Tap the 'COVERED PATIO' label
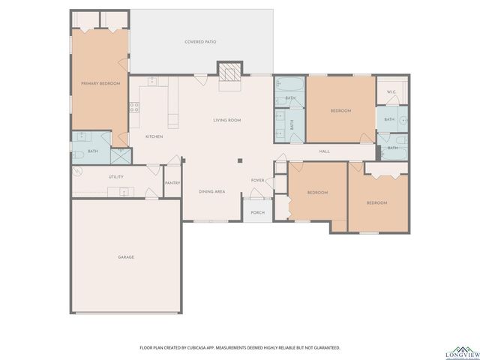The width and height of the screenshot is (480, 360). [201, 42]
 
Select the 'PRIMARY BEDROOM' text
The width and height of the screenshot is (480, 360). [100, 83]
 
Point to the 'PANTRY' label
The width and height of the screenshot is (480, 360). [172, 182]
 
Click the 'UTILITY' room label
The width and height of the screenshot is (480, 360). [115, 177]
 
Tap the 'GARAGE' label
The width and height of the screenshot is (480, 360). [125, 257]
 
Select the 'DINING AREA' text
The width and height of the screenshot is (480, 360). [211, 192]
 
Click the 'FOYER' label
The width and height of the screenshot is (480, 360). [257, 181]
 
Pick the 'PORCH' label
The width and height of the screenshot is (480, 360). [257, 212]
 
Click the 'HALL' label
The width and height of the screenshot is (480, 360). [325, 151]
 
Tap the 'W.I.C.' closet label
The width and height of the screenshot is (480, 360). [391, 92]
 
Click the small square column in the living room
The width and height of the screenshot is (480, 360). [240, 160]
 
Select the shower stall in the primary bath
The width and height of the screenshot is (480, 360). [119, 155]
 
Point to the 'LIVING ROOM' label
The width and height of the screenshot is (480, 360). [226, 120]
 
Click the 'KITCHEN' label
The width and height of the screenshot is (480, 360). [154, 136]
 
